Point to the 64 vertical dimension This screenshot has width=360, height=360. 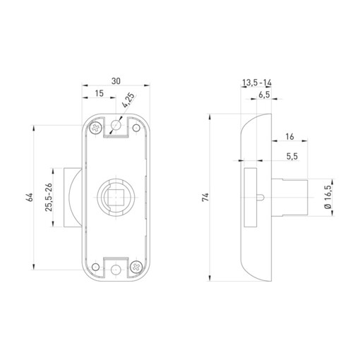[30, 197]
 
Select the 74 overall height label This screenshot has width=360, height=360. [205, 197]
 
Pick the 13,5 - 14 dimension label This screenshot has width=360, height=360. [257, 83]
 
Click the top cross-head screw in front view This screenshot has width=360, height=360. [94, 128]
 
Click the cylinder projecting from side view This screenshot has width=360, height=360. [295, 198]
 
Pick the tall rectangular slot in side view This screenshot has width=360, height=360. [250, 198]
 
